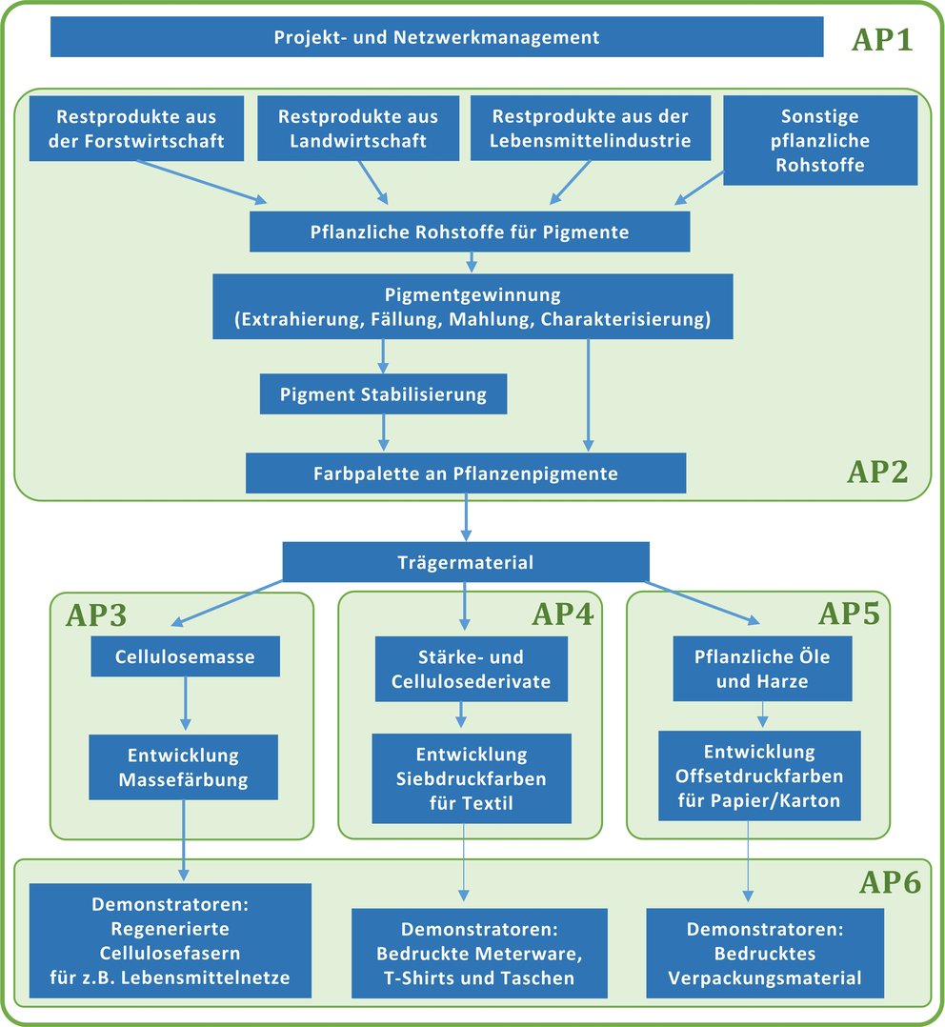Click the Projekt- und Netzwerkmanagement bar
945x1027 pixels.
(x=436, y=38)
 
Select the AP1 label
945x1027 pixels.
(x=881, y=40)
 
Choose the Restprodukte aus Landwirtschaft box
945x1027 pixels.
(x=358, y=129)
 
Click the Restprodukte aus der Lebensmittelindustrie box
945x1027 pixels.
(x=591, y=129)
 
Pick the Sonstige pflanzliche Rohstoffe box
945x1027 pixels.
(x=819, y=140)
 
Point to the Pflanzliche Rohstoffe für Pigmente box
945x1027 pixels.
(x=470, y=232)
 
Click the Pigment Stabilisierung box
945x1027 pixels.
(x=383, y=393)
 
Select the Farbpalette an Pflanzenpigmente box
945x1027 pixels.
(x=466, y=473)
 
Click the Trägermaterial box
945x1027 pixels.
(x=466, y=562)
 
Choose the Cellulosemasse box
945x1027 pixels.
(x=186, y=656)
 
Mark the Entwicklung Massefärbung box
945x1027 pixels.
(x=183, y=768)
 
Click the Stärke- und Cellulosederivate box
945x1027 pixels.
(x=471, y=669)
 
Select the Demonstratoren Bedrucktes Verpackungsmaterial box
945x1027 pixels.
(x=765, y=954)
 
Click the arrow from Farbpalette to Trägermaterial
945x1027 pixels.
(x=466, y=517)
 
